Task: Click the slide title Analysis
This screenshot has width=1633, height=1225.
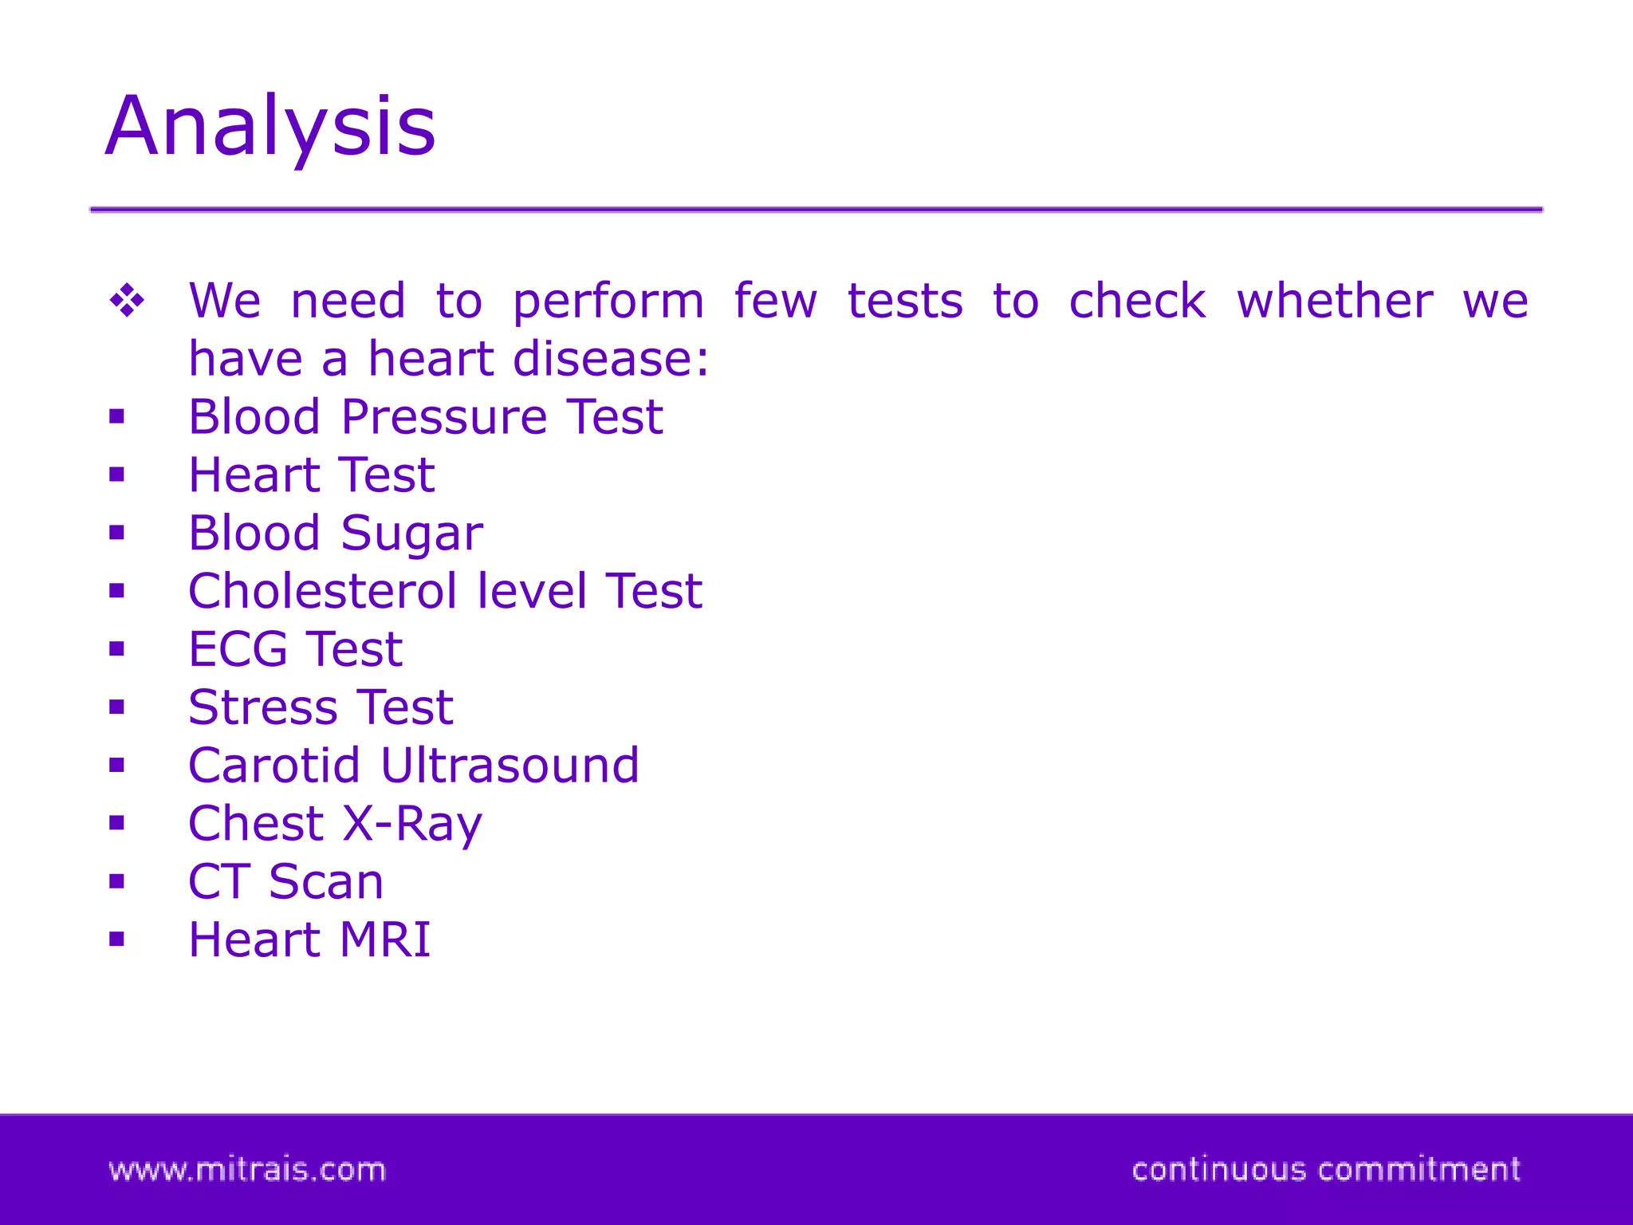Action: (x=270, y=128)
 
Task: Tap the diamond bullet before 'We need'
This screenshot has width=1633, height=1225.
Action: (x=128, y=301)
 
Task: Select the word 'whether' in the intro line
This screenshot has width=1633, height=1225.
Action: (x=1335, y=301)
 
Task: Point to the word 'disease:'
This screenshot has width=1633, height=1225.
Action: (x=611, y=359)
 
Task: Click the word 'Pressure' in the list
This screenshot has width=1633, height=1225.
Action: (x=444, y=417)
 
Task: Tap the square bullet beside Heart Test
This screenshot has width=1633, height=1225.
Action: (x=117, y=475)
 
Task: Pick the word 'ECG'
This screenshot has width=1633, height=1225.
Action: (x=238, y=649)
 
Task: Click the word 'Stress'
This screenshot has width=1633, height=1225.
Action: (x=262, y=707)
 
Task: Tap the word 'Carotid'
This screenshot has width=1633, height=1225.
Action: (x=273, y=766)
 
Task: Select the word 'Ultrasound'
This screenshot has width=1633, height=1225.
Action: (x=510, y=766)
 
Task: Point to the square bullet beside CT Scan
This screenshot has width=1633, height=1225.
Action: (x=117, y=881)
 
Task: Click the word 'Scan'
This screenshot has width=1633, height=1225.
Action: (x=326, y=882)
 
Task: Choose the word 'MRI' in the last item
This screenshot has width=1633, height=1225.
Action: (x=384, y=939)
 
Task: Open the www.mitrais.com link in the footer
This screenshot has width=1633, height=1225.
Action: (x=247, y=1170)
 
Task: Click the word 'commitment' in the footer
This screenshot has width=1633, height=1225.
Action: (x=1419, y=1170)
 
